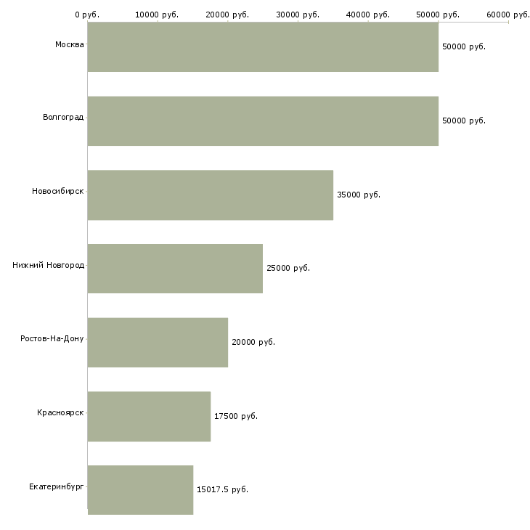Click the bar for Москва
click(x=263, y=46)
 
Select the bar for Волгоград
click(x=263, y=121)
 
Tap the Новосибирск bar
click(x=210, y=195)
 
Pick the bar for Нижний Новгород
click(x=175, y=268)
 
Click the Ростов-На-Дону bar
click(x=158, y=342)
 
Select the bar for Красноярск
click(x=149, y=416)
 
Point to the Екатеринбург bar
click(x=140, y=489)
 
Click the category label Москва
click(x=69, y=45)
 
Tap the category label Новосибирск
click(x=57, y=192)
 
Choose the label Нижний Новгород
click(x=48, y=265)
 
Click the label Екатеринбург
click(x=56, y=486)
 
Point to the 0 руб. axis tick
click(x=87, y=15)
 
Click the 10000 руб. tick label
click(x=157, y=15)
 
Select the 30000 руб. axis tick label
click(x=298, y=15)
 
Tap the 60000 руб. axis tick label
click(x=508, y=15)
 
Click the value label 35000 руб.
click(x=359, y=195)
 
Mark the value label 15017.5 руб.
click(x=222, y=489)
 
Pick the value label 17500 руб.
click(x=236, y=416)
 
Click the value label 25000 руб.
click(x=288, y=268)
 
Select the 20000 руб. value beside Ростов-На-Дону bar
click(x=253, y=342)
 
